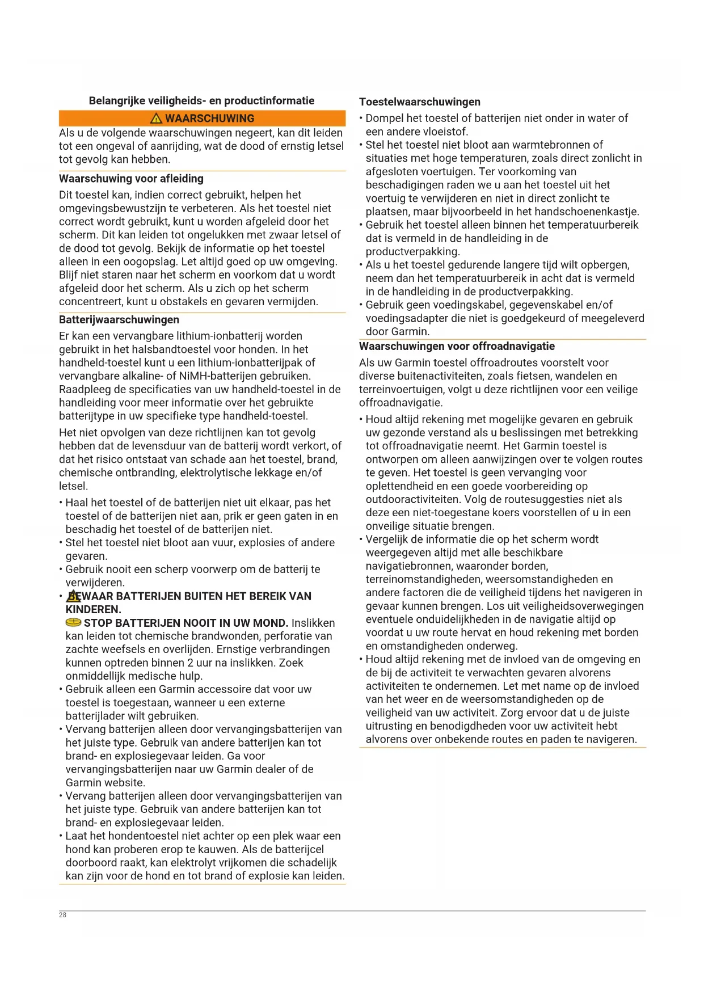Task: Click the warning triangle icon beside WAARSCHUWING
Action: pyautogui.click(x=156, y=119)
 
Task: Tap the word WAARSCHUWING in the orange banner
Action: pyautogui.click(x=209, y=119)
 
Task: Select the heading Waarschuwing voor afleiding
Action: pyautogui.click(x=131, y=179)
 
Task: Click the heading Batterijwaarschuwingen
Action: pyautogui.click(x=119, y=320)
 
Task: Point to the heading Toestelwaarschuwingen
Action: pyautogui.click(x=420, y=102)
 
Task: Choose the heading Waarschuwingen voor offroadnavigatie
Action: pyautogui.click(x=457, y=347)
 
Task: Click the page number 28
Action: pyautogui.click(x=62, y=915)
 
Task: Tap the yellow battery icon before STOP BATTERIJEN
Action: pyautogui.click(x=74, y=623)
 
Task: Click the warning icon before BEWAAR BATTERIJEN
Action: pyautogui.click(x=74, y=596)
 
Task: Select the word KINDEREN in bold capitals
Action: pyautogui.click(x=93, y=610)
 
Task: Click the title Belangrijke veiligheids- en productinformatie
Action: pyautogui.click(x=201, y=101)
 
